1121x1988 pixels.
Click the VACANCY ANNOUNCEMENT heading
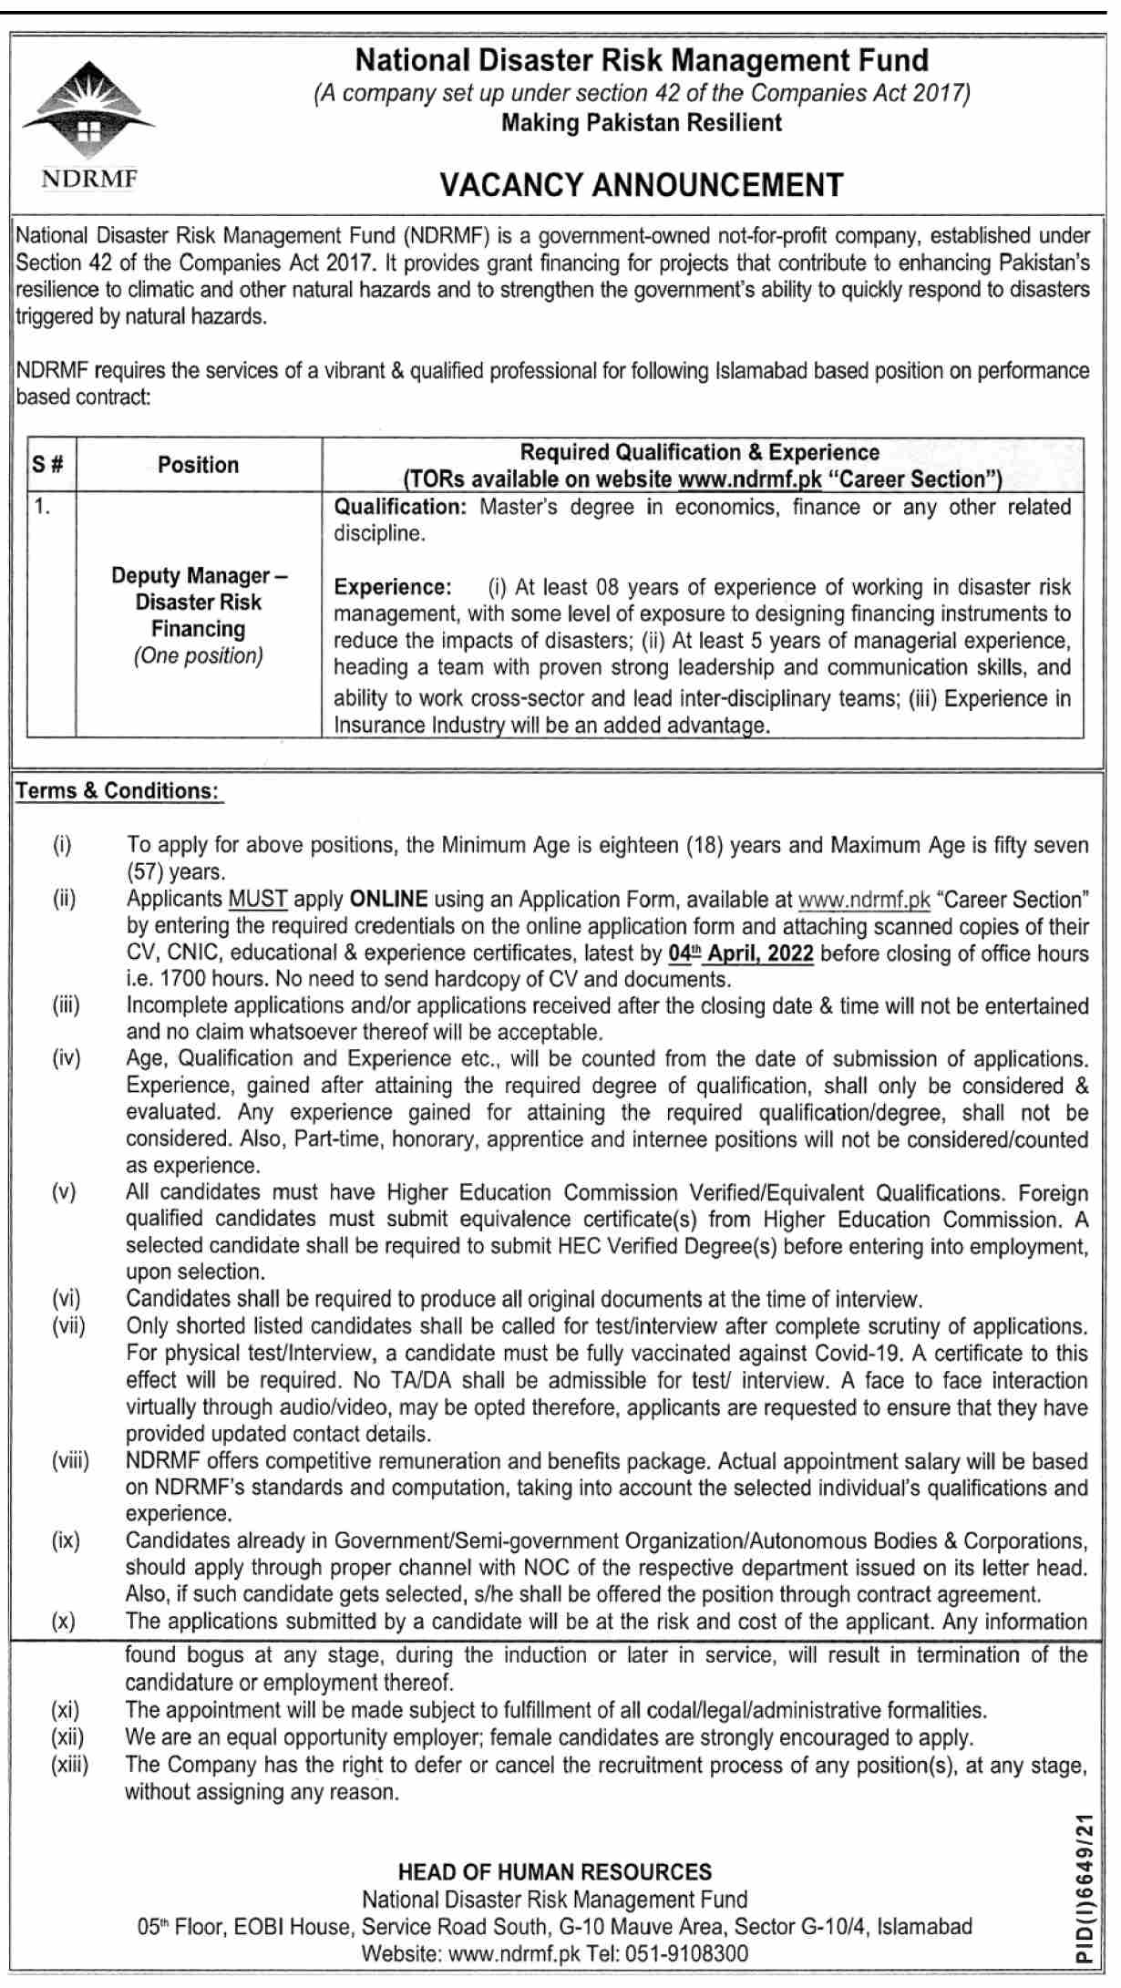point(642,185)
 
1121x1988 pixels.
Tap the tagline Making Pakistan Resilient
point(642,123)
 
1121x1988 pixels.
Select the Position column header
point(198,465)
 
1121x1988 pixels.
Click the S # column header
point(49,465)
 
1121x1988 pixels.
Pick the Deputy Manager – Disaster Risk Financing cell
point(198,603)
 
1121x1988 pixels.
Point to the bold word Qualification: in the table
point(400,507)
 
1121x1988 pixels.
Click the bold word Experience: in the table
point(393,587)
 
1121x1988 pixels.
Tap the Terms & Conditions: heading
point(118,791)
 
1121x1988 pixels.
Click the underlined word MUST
point(258,900)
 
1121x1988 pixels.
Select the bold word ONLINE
point(388,900)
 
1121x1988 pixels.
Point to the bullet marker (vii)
point(68,1326)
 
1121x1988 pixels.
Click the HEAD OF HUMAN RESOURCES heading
point(555,1872)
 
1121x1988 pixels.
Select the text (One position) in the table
point(198,656)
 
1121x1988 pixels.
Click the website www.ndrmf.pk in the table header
point(750,480)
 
